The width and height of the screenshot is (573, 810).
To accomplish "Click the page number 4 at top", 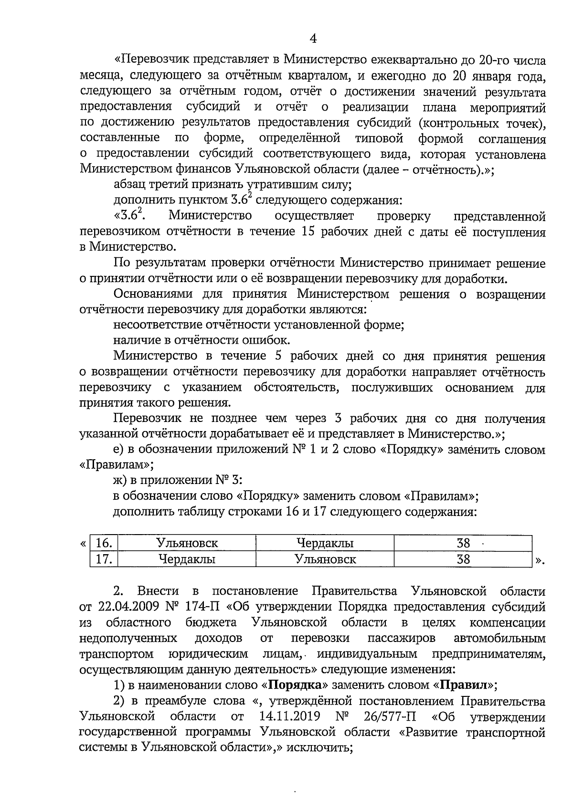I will (313, 38).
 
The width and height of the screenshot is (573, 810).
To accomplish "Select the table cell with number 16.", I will (104, 543).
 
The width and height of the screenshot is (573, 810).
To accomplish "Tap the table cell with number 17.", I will (104, 559).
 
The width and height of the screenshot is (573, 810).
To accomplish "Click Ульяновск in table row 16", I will (187, 543).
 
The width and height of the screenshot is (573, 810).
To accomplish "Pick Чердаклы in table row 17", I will (187, 559).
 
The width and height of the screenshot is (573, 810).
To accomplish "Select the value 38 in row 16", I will (463, 543).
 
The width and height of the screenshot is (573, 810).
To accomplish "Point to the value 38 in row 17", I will (463, 559).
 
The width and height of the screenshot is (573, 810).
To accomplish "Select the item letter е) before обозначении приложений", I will (119, 450).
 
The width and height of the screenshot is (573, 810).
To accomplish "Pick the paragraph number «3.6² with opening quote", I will (129, 216).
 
